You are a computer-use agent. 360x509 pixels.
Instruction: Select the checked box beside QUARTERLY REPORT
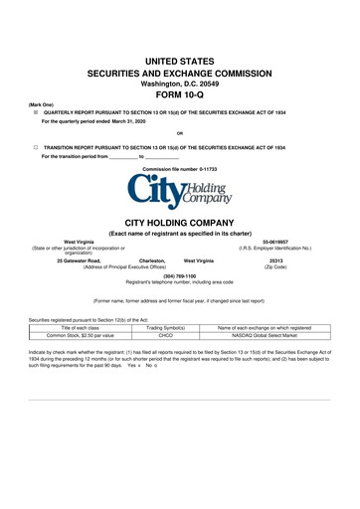[35, 113]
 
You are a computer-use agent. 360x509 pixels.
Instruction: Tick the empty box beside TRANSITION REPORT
[35, 147]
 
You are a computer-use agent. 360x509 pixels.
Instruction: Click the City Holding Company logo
[179, 190]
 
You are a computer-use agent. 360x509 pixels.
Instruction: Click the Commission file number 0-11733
[179, 169]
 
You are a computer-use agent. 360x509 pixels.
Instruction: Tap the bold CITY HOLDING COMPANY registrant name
[179, 223]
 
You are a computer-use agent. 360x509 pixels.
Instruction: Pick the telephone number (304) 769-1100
[179, 274]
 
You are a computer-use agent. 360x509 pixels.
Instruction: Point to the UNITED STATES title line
[179, 62]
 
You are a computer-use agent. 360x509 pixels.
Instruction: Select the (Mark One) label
[41, 104]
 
